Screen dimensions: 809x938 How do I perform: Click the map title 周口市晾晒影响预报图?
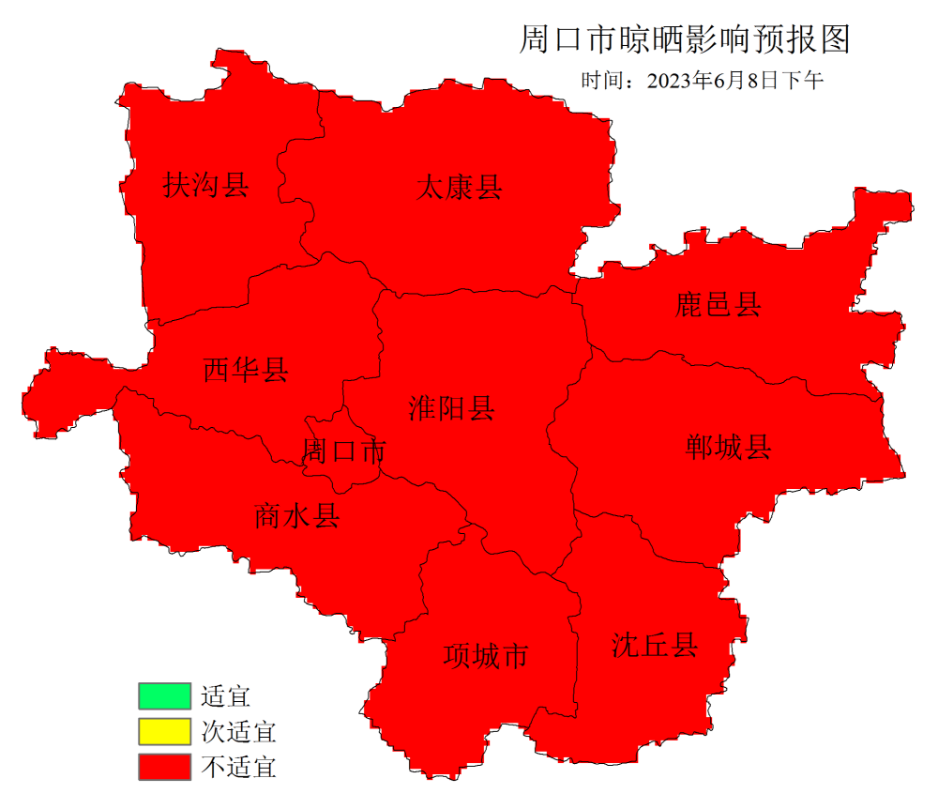pyautogui.click(x=684, y=40)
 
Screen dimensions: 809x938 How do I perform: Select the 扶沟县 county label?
pyautogui.click(x=206, y=185)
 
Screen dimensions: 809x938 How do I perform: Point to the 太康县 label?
pyautogui.click(x=459, y=188)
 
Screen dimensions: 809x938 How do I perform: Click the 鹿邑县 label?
pyautogui.click(x=719, y=304)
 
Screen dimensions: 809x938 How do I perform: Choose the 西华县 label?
pyautogui.click(x=246, y=370)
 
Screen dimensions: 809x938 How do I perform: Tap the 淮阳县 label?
pyautogui.click(x=451, y=408)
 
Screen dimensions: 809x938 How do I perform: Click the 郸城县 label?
pyautogui.click(x=729, y=448)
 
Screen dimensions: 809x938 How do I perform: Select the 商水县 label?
pyautogui.click(x=296, y=516)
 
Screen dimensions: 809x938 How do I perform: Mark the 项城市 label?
pyautogui.click(x=486, y=655)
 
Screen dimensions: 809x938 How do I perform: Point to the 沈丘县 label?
pyautogui.click(x=655, y=645)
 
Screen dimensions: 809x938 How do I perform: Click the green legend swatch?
pyautogui.click(x=164, y=696)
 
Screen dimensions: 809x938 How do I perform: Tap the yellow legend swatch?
pyautogui.click(x=164, y=731)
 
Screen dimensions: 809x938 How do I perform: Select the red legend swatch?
pyautogui.click(x=164, y=766)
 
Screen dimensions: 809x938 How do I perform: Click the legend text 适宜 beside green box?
pyautogui.click(x=225, y=696)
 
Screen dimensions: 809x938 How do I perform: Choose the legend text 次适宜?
pyautogui.click(x=238, y=731)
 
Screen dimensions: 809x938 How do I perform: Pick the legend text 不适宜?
pyautogui.click(x=238, y=767)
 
